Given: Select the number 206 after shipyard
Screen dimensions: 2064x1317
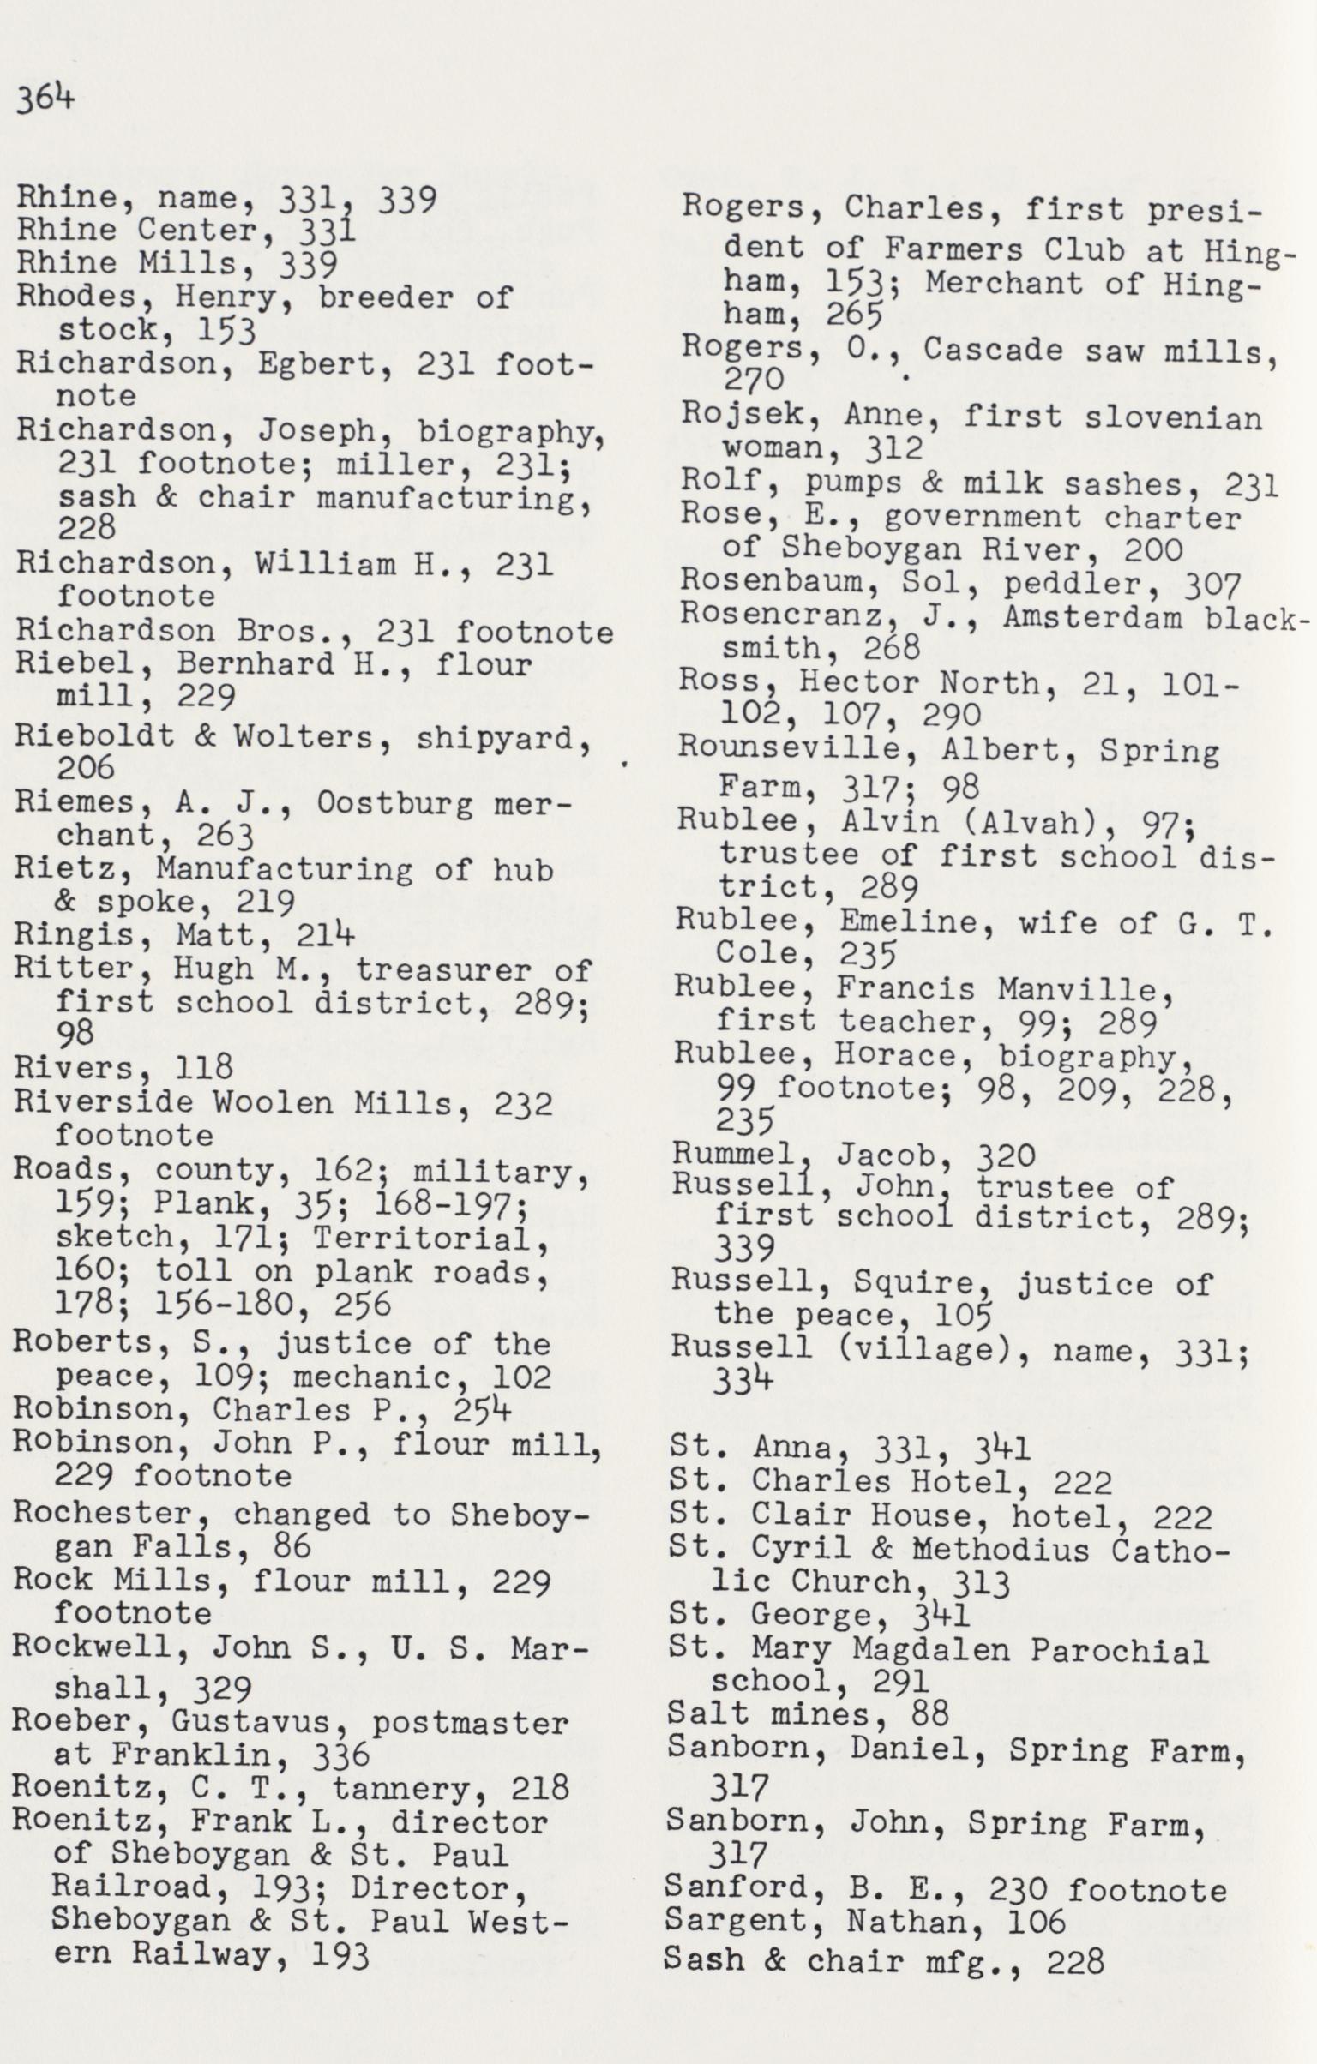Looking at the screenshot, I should pyautogui.click(x=86, y=768).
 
